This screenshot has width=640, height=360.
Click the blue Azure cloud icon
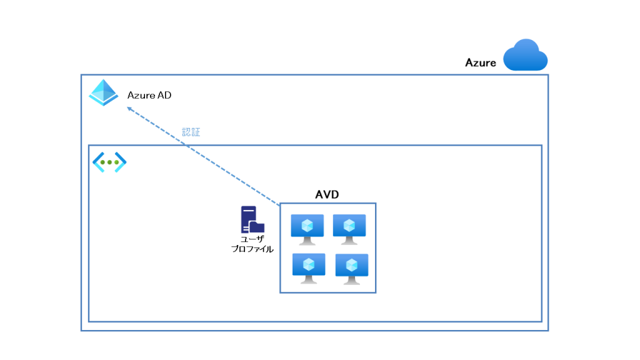[x=526, y=56]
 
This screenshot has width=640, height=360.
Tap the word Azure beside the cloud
[x=481, y=62]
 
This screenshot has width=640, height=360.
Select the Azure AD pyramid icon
[x=103, y=93]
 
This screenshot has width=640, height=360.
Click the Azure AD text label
[x=149, y=96]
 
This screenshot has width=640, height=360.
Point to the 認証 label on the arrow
[x=191, y=132]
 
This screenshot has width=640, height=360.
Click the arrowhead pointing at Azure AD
[x=129, y=108]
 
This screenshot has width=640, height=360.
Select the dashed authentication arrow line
[x=206, y=157]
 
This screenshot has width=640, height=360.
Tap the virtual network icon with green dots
[x=109, y=162]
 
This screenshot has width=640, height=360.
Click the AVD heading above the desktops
[x=327, y=194]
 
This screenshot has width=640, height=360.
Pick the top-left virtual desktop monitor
[x=307, y=229]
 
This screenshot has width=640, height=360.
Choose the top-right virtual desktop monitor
[x=349, y=229]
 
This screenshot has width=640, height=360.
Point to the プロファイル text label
[x=252, y=249]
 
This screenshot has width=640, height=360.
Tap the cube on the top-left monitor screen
[x=307, y=224]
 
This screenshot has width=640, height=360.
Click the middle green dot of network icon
[x=109, y=162]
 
